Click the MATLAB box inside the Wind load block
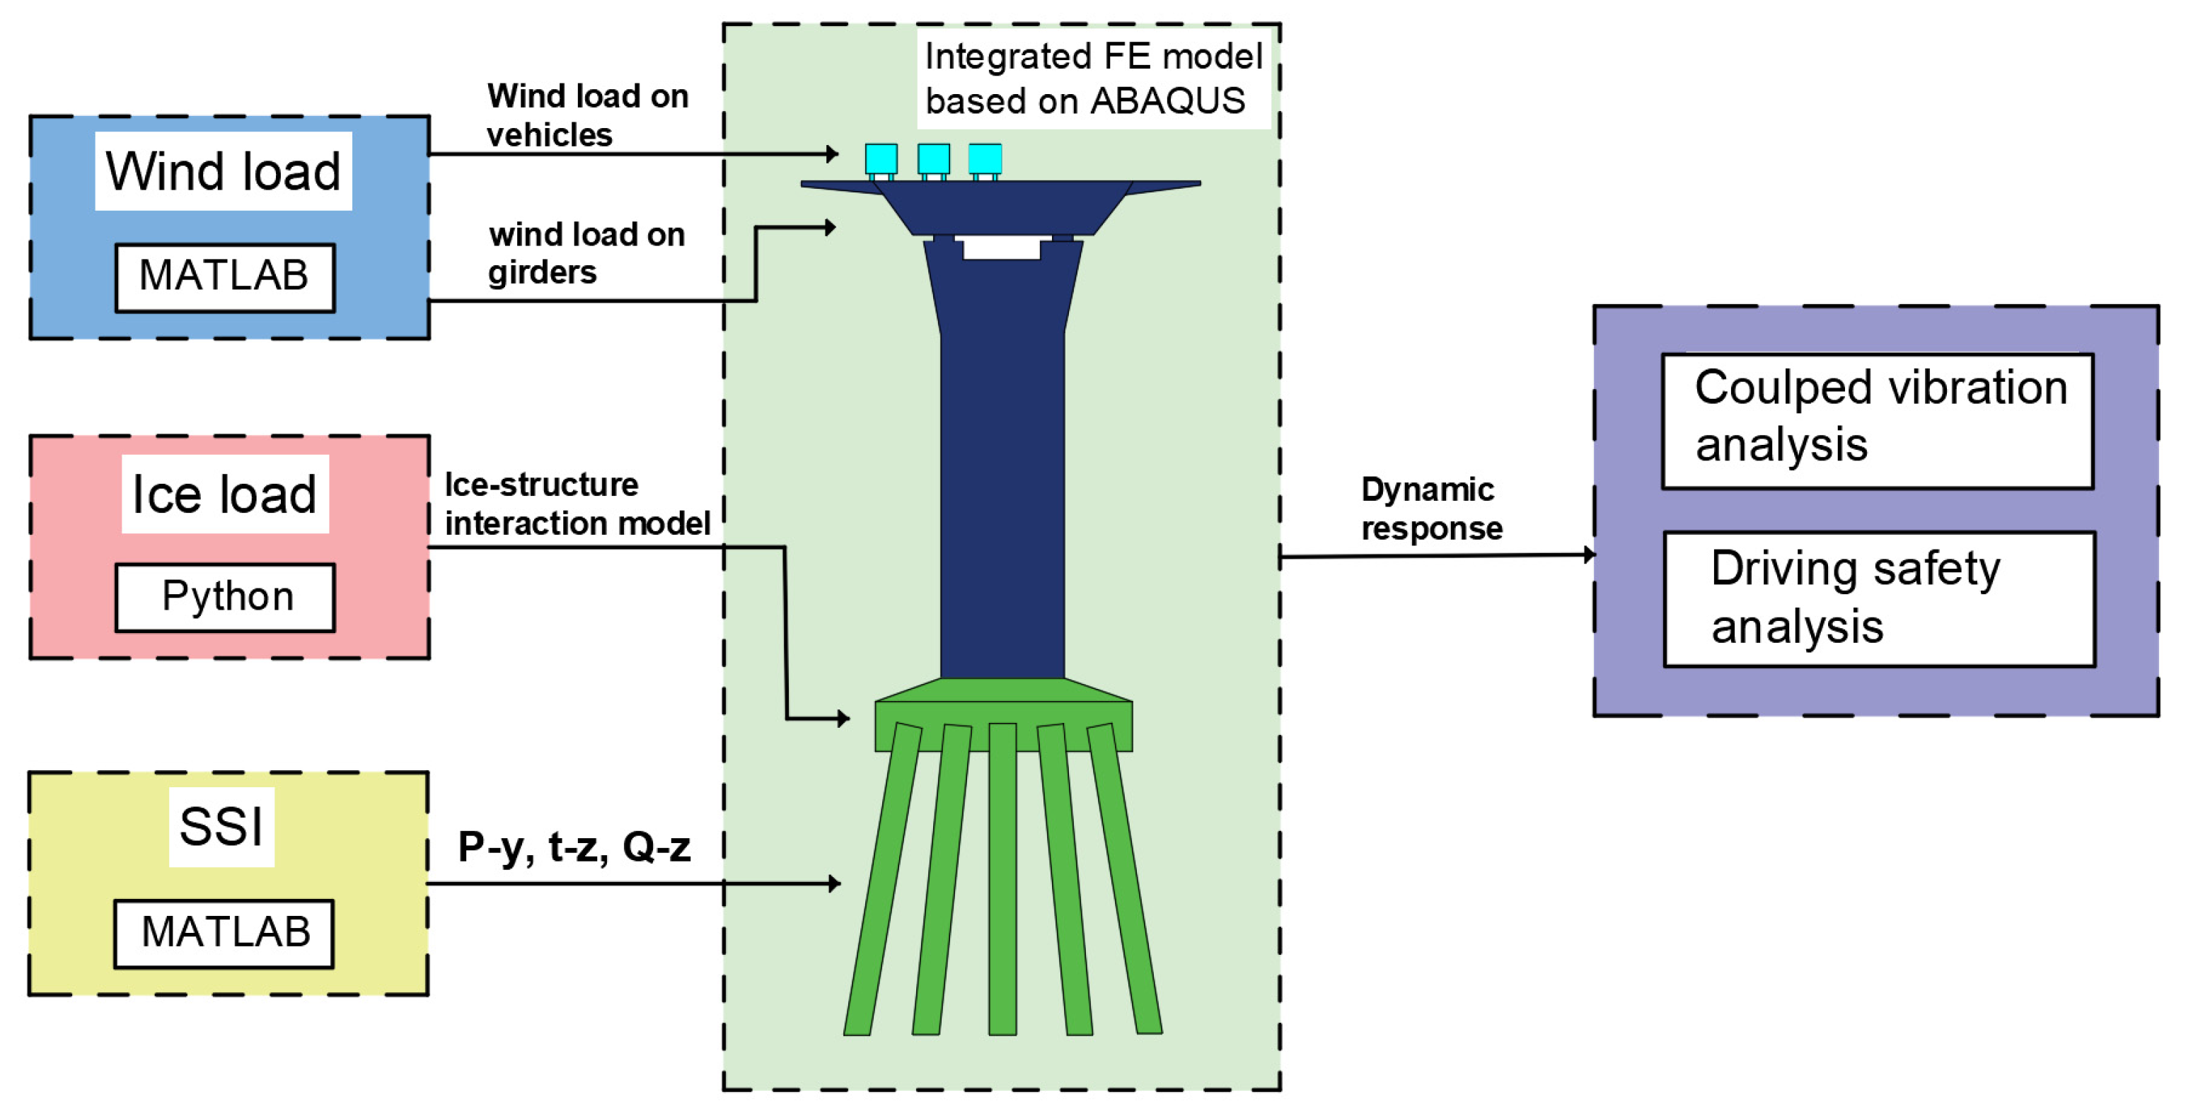point(225,277)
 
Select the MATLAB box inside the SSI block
point(224,932)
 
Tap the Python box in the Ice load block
point(226,596)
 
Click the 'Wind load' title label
point(223,171)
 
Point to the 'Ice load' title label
point(225,494)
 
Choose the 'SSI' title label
point(221,826)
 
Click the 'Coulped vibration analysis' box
point(1877,421)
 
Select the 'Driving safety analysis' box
point(1879,598)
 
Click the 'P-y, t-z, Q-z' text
point(574,847)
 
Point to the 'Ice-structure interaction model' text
point(577,504)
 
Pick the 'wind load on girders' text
point(586,253)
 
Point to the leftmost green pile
point(883,883)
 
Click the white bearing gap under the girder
point(1001,248)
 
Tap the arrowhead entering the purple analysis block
point(1589,555)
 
